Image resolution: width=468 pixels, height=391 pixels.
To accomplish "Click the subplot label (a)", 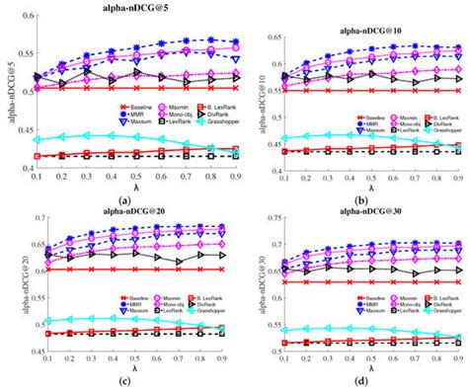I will coord(125,199).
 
